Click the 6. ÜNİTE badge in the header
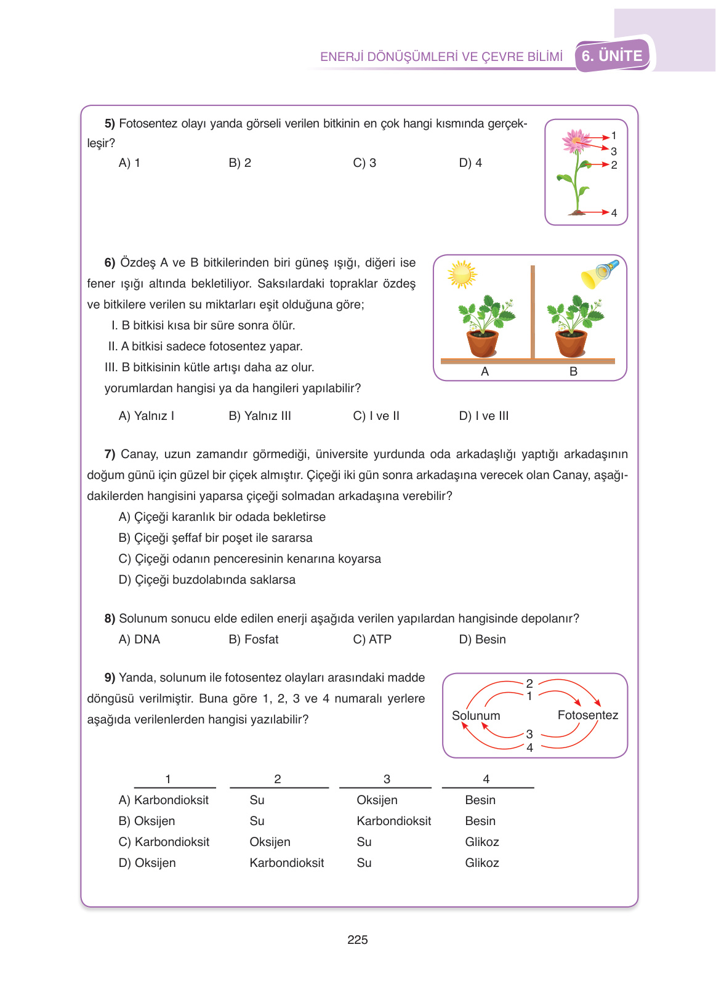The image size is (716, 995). pyautogui.click(x=612, y=56)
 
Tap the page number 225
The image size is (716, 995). pyautogui.click(x=357, y=940)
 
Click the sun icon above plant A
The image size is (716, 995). pyautogui.click(x=462, y=274)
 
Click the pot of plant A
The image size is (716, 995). pyautogui.click(x=483, y=344)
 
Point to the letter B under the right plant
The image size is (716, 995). pyautogui.click(x=573, y=371)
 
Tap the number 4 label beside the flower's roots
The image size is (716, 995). pyautogui.click(x=614, y=213)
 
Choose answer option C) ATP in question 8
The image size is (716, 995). pyautogui.click(x=372, y=639)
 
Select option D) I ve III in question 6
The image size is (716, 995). pyautogui.click(x=483, y=416)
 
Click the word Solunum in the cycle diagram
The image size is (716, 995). pyautogui.click(x=476, y=715)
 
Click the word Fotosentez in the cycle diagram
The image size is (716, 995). pyautogui.click(x=587, y=715)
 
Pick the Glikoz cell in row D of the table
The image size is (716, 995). pyautogui.click(x=481, y=863)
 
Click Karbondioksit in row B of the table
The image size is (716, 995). pyautogui.click(x=393, y=821)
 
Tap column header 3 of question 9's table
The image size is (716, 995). pyautogui.click(x=387, y=779)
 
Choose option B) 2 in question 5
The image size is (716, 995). pyautogui.click(x=239, y=163)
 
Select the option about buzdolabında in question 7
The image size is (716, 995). pyautogui.click(x=207, y=579)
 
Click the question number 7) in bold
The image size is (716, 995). pyautogui.click(x=110, y=454)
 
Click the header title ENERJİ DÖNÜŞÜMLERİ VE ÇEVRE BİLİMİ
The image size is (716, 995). pyautogui.click(x=441, y=57)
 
